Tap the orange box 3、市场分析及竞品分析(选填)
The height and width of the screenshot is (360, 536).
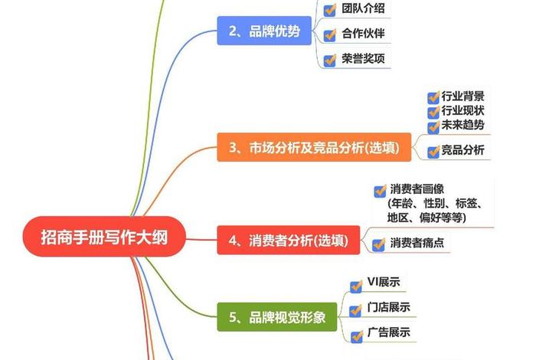point(313,146)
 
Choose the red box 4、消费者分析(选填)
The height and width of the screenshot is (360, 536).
point(288,241)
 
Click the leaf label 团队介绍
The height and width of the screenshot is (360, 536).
point(364,9)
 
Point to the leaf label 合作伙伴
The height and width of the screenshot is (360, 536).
point(364,34)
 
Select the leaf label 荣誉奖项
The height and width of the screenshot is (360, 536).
point(364,58)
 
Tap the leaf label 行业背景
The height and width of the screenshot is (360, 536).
point(462,97)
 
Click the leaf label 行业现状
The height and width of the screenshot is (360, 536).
point(462,111)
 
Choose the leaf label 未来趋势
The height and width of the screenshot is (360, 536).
point(462,125)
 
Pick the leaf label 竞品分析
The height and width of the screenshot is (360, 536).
point(462,151)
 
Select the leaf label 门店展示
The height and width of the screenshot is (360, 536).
point(389,308)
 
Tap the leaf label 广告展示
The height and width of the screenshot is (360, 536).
point(389,332)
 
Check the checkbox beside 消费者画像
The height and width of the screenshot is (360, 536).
point(379,191)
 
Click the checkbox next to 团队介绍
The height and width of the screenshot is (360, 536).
point(330,10)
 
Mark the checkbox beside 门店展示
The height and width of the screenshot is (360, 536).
point(355,309)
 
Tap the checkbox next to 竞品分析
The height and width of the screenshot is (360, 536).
point(433,152)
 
